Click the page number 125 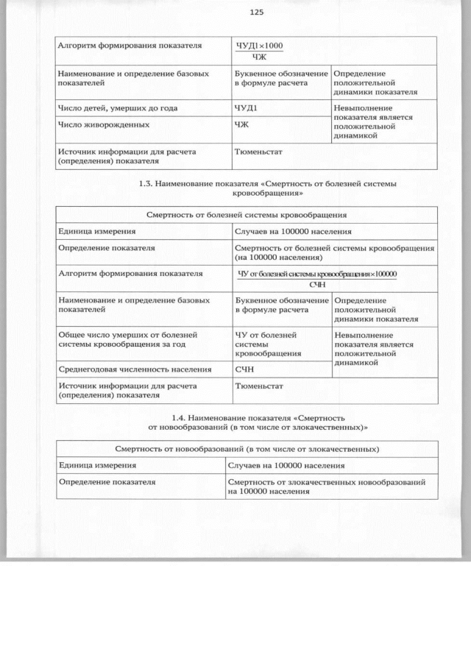tap(256, 13)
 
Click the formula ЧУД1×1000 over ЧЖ tap(259, 51)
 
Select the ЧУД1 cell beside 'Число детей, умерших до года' tap(245, 108)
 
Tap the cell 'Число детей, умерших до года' tap(118, 108)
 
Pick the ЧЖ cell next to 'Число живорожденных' tap(241, 124)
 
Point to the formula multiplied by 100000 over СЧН tap(317, 278)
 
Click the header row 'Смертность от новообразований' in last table tap(247, 448)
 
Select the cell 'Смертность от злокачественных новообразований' tap(327, 486)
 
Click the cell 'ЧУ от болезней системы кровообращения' tap(266, 344)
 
